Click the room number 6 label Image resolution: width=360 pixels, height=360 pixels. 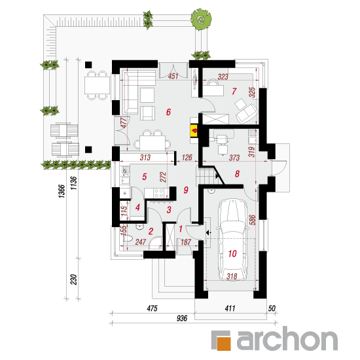[x=168, y=112]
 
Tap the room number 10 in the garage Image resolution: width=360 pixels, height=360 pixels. [x=232, y=253]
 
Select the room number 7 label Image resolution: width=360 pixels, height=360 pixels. [x=234, y=91]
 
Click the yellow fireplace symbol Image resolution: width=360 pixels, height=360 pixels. [x=194, y=131]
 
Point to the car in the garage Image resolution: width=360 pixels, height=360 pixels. [x=232, y=240]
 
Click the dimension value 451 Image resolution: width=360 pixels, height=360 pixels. [x=173, y=76]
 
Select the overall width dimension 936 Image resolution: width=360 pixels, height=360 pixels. [x=182, y=318]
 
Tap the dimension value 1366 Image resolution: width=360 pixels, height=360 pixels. [x=62, y=191]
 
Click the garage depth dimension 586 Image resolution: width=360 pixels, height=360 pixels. [x=252, y=220]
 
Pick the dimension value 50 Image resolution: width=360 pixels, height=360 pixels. [x=272, y=308]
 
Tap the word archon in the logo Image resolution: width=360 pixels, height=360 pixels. [x=287, y=339]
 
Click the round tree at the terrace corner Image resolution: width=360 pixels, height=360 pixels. [x=202, y=20]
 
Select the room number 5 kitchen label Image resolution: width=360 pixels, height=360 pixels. [x=144, y=177]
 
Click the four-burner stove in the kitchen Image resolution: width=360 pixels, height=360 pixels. [x=158, y=193]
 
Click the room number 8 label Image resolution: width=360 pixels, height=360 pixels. [x=237, y=174]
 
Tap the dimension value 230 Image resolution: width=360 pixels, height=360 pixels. [x=73, y=279]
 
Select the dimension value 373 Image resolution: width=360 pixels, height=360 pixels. [x=234, y=158]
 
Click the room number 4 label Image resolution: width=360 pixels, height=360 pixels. [x=137, y=207]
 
